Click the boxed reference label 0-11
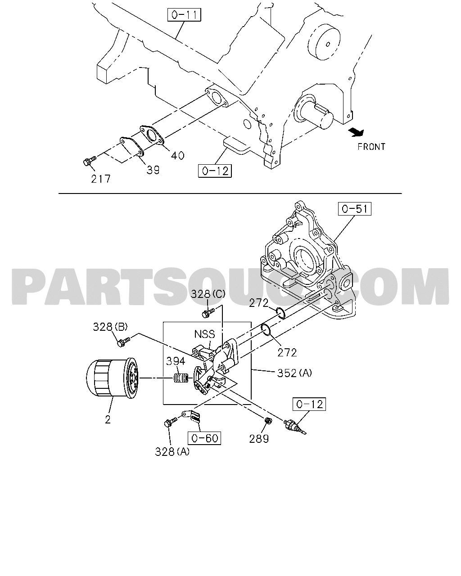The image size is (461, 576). pyautogui.click(x=184, y=15)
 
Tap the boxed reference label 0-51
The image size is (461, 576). pyautogui.click(x=355, y=209)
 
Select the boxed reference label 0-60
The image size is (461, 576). pyautogui.click(x=204, y=438)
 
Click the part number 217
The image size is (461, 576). pyautogui.click(x=101, y=179)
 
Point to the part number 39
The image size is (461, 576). pyautogui.click(x=153, y=170)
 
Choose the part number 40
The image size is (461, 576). pyautogui.click(x=177, y=156)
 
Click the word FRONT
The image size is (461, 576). pyautogui.click(x=371, y=147)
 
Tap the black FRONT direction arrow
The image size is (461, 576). pyautogui.click(x=356, y=132)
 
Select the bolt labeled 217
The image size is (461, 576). pyautogui.click(x=90, y=161)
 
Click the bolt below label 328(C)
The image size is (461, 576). pyautogui.click(x=208, y=313)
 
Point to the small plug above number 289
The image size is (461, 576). pyautogui.click(x=268, y=421)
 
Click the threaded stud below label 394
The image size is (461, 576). pyautogui.click(x=181, y=378)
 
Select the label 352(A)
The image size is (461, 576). pyautogui.click(x=294, y=373)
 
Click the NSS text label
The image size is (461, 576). pyautogui.click(x=205, y=334)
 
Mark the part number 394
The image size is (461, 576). pyautogui.click(x=176, y=361)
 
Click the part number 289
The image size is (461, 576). pyautogui.click(x=259, y=439)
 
